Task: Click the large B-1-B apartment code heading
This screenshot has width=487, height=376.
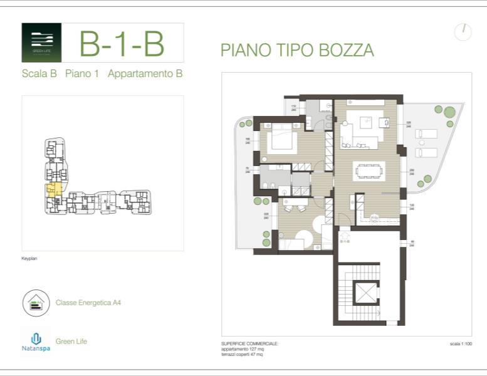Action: pos(122,43)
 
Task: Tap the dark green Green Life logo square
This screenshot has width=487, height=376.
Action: pos(41,43)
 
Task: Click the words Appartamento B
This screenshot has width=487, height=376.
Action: pos(145,74)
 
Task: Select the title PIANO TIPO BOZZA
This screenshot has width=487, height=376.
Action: pos(297,51)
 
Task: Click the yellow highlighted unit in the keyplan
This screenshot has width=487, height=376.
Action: pos(54,189)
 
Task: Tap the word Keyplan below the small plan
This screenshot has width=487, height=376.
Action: pos(29,258)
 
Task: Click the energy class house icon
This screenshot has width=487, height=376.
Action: pos(36,303)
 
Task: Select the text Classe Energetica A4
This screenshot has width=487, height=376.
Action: pos(88,303)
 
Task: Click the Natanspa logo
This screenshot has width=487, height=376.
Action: pos(36,342)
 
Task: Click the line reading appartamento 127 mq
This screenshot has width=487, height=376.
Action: pos(243,349)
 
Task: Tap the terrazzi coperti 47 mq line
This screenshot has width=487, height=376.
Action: pos(242,354)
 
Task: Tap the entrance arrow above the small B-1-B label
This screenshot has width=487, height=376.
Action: pos(345,235)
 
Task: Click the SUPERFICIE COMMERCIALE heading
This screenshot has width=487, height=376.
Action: pos(249,344)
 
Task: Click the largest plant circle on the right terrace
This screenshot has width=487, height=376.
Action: pos(449,112)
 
